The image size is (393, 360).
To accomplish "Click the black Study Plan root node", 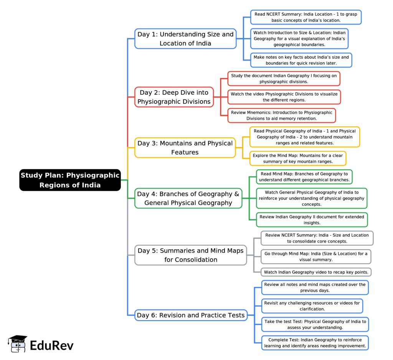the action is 70,180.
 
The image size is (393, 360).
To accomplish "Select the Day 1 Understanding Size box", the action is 185,39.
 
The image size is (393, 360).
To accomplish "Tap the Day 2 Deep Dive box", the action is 174,97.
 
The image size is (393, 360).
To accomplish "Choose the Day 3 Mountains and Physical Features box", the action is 185,148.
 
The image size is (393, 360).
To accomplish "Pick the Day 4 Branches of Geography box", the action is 188,198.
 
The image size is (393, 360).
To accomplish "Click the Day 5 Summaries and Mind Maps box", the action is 190,255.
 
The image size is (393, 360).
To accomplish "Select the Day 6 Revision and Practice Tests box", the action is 191,315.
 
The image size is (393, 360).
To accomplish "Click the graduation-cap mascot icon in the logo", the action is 17,344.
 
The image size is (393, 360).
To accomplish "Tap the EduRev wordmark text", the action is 52,345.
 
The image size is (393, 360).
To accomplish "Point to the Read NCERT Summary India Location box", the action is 306,17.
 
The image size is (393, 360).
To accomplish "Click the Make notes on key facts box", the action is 301,60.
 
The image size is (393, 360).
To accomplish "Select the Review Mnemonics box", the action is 281,115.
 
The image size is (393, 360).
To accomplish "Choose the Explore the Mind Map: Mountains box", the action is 298,158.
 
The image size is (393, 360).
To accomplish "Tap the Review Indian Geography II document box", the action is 312,220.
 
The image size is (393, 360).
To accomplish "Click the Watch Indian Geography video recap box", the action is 316,272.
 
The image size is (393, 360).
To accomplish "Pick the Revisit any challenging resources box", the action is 312,306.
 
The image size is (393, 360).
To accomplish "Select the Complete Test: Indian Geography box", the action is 315,343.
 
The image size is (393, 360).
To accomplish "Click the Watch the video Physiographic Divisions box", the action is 284,97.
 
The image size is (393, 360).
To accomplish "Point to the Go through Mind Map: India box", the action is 316,256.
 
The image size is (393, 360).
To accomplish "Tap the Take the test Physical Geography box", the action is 315,324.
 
